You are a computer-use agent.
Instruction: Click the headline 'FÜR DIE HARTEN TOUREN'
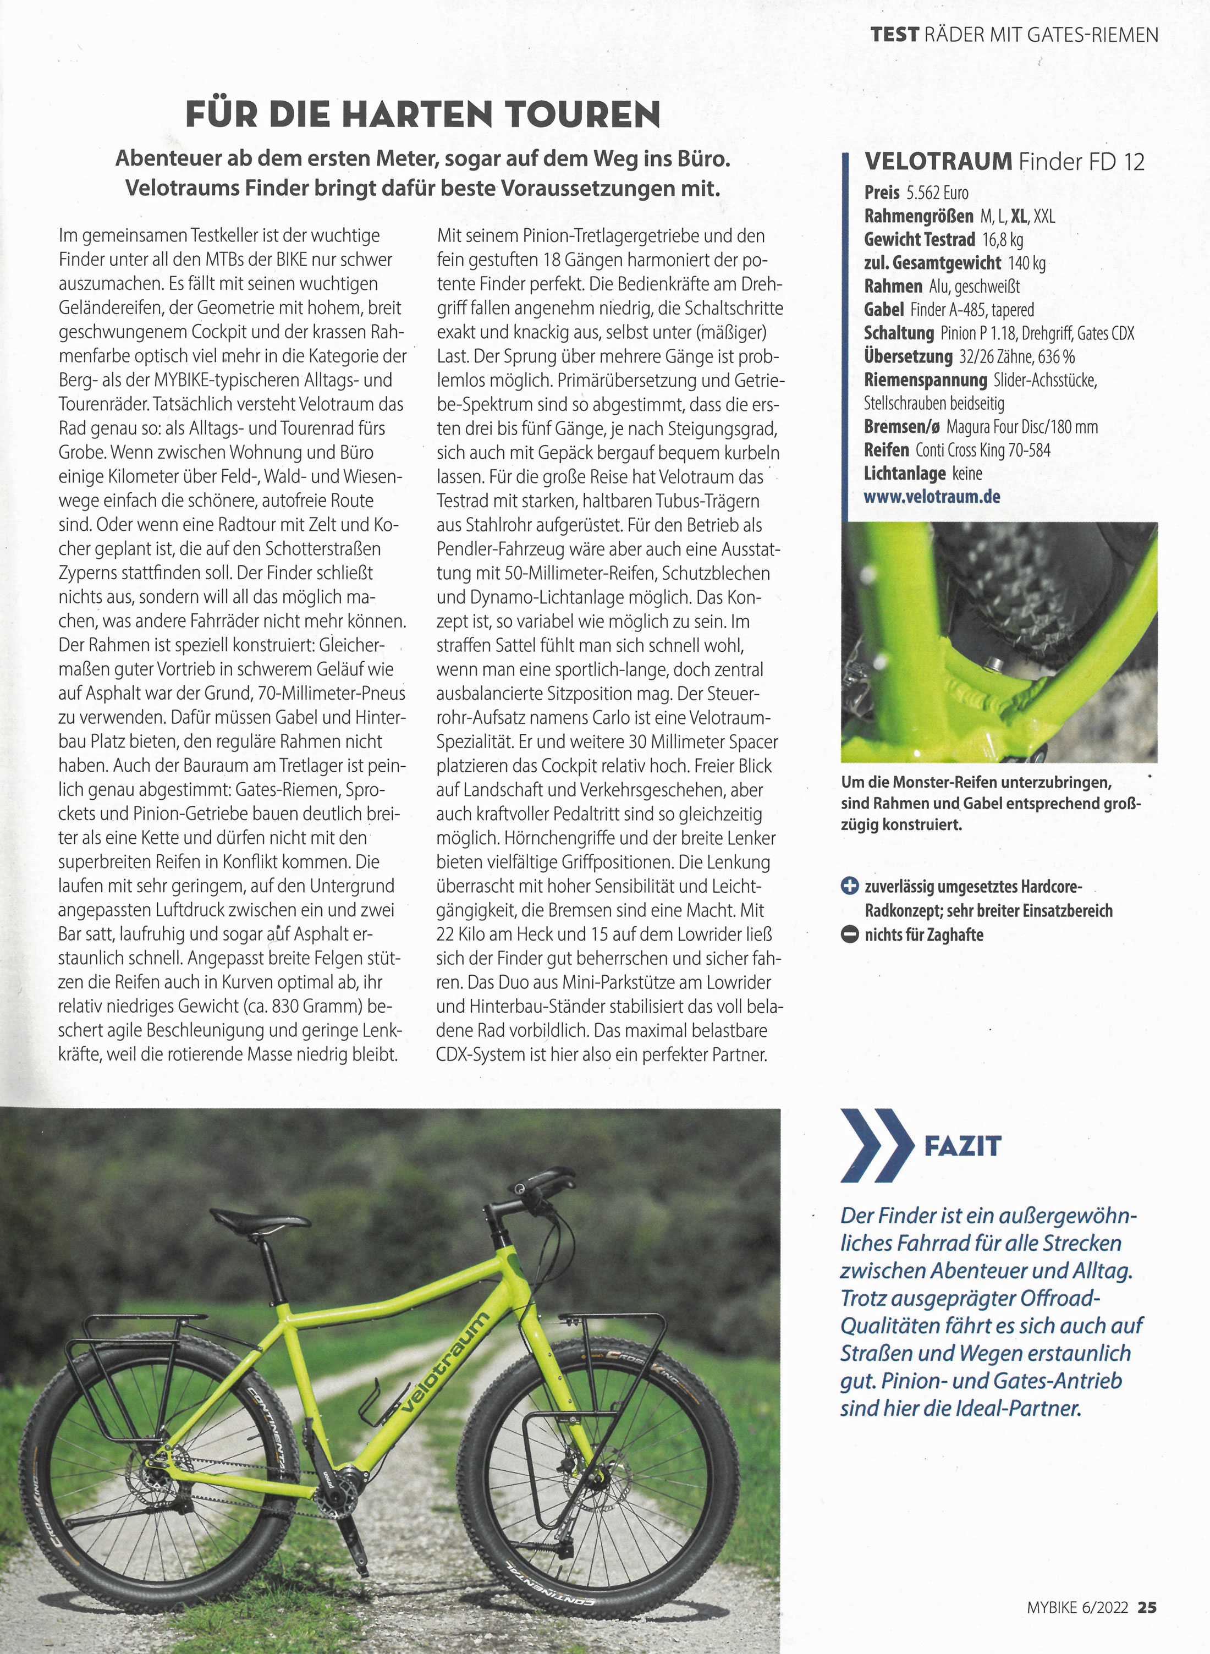(x=422, y=115)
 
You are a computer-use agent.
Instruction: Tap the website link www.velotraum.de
(x=932, y=497)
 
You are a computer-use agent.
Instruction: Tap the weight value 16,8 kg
(x=1002, y=239)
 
